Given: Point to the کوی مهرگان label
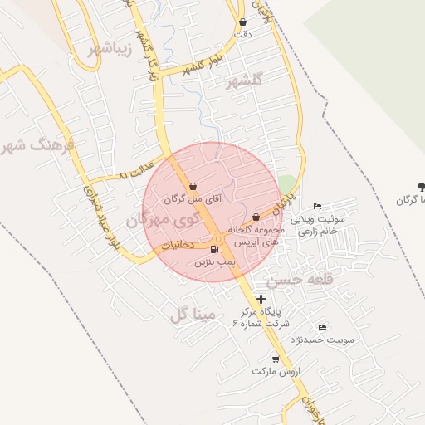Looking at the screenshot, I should tap(159, 221).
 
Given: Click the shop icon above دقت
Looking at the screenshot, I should tap(242, 22).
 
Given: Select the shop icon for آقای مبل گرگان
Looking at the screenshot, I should tap(193, 186).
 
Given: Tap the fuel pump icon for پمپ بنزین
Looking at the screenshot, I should tap(215, 249).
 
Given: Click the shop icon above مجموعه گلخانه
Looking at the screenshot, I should tap(256, 217).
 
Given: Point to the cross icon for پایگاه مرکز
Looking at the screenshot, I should tap(261, 299).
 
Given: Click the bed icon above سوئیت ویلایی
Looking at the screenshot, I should tap(317, 207).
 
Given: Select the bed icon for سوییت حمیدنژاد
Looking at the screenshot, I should tap(322, 327).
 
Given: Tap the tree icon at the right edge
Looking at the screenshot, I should tap(420, 187).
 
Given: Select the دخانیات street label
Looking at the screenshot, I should tap(177, 245).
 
